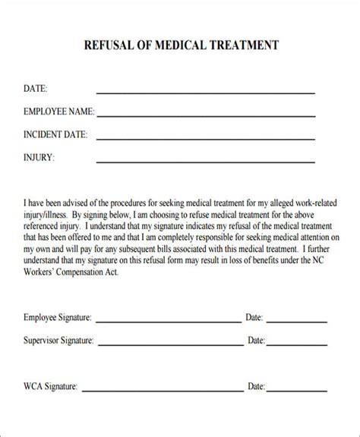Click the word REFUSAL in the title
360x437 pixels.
click(x=108, y=45)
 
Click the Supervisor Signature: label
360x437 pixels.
click(x=60, y=341)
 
